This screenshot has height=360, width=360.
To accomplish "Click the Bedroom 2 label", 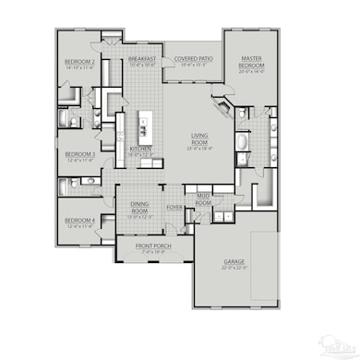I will [80, 62].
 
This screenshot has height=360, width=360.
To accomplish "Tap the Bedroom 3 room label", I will [80, 154].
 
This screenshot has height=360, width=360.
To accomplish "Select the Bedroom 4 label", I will [80, 220].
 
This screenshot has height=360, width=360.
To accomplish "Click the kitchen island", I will [144, 125].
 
